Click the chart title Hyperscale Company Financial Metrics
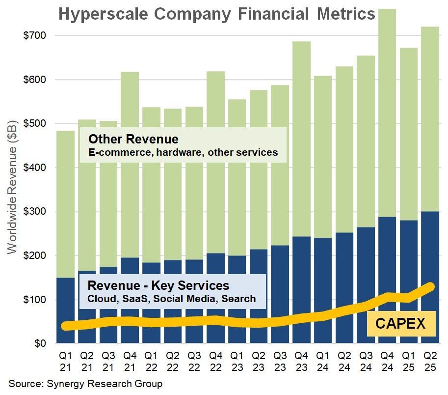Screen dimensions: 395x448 coord(216,14)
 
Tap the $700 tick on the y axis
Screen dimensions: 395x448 coord(34,35)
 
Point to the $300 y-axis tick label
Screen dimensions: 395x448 coord(34,212)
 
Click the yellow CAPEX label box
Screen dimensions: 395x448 coord(401,323)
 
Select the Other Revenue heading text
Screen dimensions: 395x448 coord(132,139)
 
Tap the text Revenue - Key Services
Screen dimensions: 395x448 coord(158,285)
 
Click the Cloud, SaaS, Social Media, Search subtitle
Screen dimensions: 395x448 coord(171,298)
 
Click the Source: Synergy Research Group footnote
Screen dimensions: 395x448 coord(85,383)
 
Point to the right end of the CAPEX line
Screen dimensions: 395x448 coord(430,286)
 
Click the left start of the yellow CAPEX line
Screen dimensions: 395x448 coord(66,326)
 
